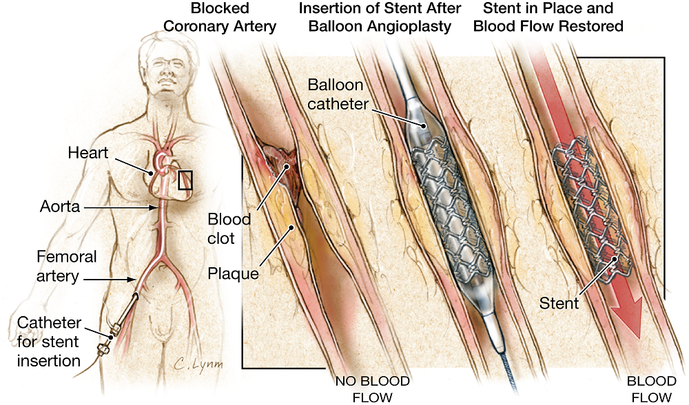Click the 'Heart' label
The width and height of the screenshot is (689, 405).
[88, 152]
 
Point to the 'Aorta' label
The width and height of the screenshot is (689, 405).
[59, 206]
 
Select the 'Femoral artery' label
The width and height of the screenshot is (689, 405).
[66, 266]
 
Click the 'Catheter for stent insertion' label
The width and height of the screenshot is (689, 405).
[49, 341]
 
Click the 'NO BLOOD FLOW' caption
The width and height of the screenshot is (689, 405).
[372, 389]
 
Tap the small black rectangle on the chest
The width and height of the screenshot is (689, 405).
[185, 180]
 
